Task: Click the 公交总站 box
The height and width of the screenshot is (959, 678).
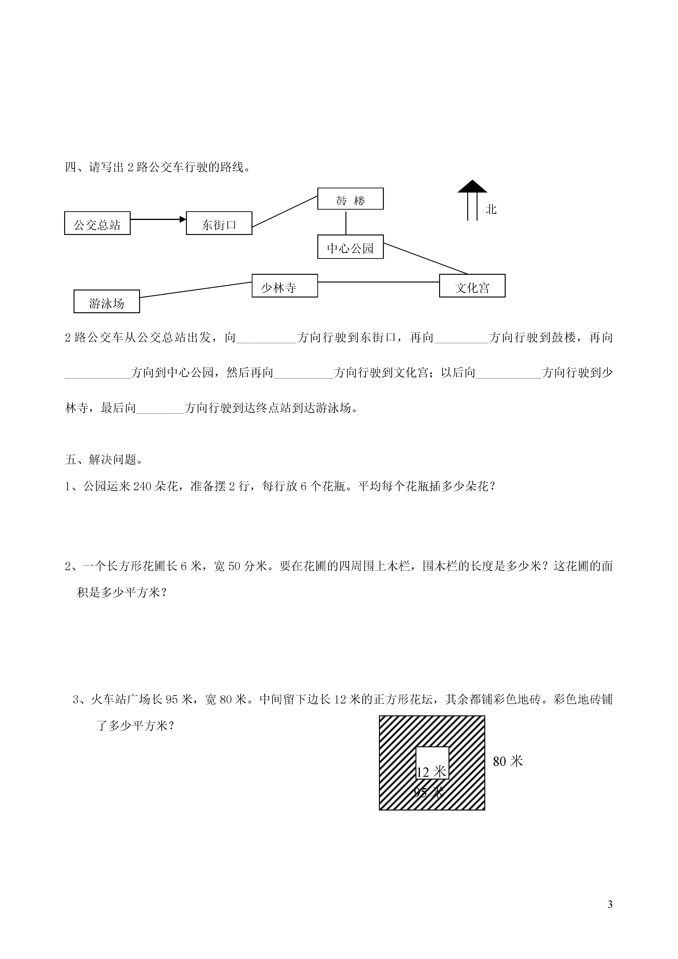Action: tap(97, 223)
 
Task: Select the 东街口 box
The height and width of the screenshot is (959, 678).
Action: tap(219, 223)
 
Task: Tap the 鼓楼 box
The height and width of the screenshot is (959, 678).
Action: tap(350, 199)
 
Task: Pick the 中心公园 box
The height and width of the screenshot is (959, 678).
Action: tap(350, 247)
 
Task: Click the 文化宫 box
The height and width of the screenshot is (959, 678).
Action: tap(472, 286)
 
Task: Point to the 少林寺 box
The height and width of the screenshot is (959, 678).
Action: tap(285, 286)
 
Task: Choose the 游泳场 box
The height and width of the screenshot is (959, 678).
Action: tap(107, 301)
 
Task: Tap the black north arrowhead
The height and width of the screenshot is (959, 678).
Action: tap(472, 186)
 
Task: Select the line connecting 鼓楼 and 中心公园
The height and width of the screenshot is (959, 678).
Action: tap(346, 222)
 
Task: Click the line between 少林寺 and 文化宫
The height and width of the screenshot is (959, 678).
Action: tap(379, 282)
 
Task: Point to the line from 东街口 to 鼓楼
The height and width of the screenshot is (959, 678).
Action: tap(285, 211)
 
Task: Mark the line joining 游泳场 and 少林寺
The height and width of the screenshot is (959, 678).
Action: tap(196, 290)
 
